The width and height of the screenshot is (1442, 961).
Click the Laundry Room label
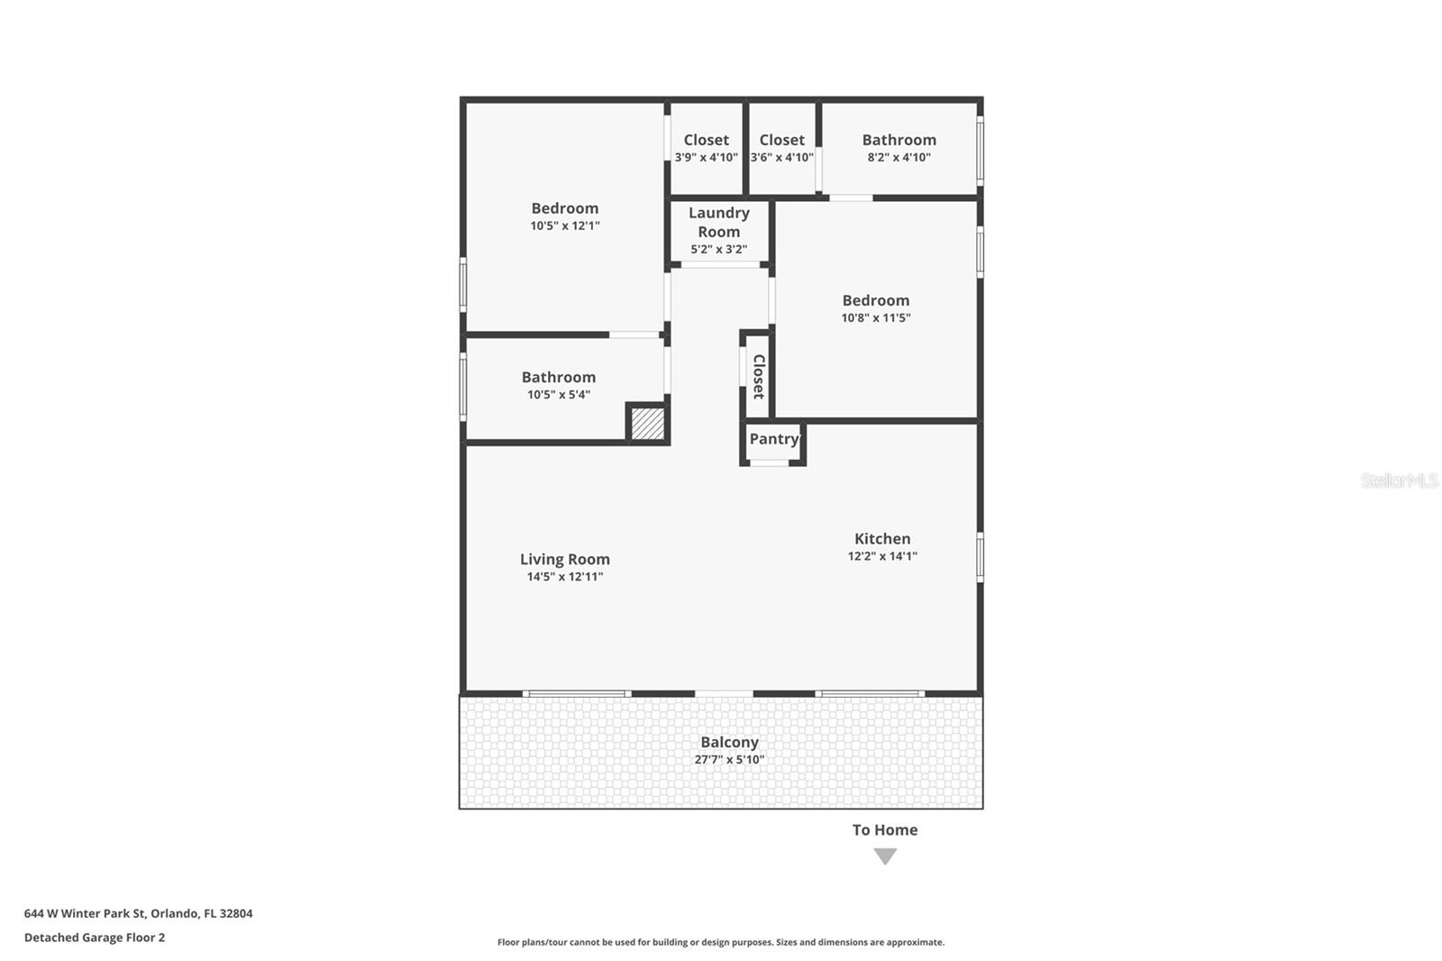coord(719,222)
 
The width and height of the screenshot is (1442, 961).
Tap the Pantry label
coord(774,439)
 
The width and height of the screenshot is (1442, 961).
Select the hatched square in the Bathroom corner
coord(648,424)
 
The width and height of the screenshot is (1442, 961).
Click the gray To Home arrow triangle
coord(885,856)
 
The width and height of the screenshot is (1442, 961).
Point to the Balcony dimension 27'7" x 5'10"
coord(729,759)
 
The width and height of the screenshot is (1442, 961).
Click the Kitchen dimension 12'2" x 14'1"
coord(882,556)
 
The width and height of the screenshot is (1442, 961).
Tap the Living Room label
coord(565,559)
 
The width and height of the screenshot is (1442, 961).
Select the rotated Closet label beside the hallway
coord(759,376)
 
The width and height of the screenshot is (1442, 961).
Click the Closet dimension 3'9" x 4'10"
coord(707,157)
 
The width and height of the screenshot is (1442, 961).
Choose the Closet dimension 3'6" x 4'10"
coord(782,157)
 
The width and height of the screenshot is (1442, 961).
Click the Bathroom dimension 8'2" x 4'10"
coord(899,157)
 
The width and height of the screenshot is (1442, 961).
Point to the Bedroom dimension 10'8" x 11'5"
coord(876,317)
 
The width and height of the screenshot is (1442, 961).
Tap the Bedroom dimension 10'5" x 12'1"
coord(565,225)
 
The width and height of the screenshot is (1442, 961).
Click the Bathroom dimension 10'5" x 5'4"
coord(559,394)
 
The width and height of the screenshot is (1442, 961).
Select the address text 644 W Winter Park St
coord(85,913)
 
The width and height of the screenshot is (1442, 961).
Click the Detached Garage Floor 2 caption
coord(95,938)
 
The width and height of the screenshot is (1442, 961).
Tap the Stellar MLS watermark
coord(1400,480)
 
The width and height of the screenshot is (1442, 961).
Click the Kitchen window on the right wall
coord(981,557)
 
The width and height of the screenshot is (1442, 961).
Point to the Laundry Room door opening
coord(720,264)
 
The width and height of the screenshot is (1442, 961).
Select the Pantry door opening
coord(770,462)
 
